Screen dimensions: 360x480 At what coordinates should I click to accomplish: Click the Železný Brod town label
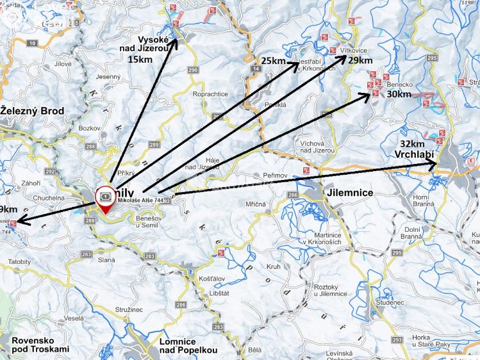32,111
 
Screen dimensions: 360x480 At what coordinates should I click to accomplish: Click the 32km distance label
412,143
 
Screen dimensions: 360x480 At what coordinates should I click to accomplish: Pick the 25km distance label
273,61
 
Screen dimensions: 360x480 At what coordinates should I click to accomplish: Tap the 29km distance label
360,60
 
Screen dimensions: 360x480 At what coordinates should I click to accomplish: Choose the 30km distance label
399,94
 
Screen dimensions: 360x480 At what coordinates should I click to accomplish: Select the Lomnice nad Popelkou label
188,346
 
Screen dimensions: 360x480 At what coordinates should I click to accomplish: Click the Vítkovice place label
354,50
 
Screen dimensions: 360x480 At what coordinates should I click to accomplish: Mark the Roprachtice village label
210,94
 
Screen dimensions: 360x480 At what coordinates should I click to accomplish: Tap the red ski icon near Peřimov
307,170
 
